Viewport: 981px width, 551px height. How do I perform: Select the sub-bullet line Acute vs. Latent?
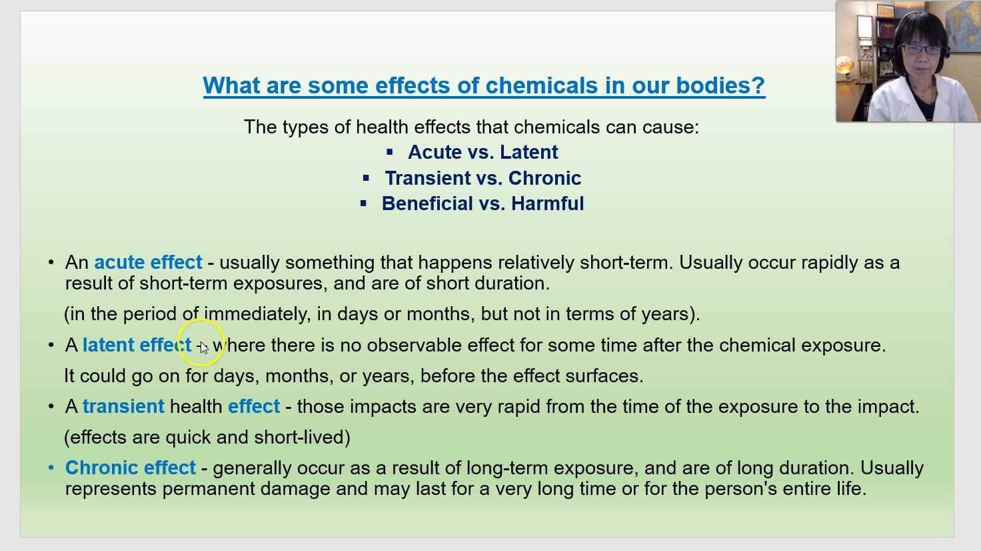(483, 152)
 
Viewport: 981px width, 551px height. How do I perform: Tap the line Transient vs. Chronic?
(483, 178)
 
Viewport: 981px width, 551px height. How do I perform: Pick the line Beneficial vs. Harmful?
(483, 203)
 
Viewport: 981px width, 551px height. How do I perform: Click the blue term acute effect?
(148, 262)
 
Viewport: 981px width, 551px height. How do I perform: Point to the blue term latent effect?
(137, 345)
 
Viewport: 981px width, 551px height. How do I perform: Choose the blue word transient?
(123, 406)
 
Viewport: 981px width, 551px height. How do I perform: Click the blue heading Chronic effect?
(131, 468)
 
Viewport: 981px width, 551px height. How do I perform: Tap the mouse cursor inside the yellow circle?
(203, 347)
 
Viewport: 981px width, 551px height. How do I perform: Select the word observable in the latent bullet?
(414, 345)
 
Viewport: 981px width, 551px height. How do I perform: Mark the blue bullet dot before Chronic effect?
(51, 468)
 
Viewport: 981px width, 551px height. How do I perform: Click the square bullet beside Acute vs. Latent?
(390, 152)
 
